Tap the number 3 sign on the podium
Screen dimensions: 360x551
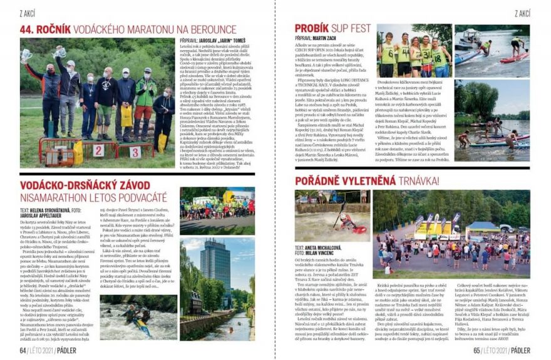(x=136, y=152)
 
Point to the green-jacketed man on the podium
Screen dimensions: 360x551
(x=146, y=94)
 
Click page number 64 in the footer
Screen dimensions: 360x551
(x=23, y=351)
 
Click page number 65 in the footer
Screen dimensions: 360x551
(x=478, y=351)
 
